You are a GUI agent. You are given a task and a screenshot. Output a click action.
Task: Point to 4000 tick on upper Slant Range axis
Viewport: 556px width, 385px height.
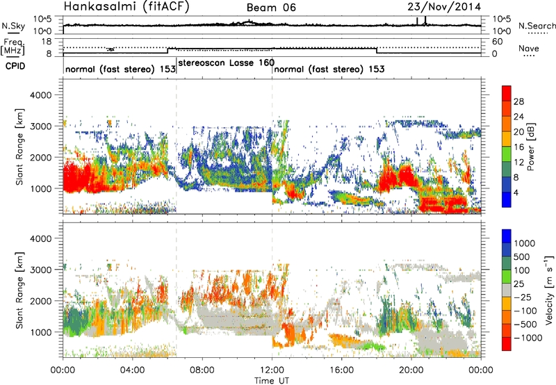[47, 95]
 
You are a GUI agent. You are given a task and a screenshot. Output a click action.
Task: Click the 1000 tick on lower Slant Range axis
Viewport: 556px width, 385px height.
[47, 331]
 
